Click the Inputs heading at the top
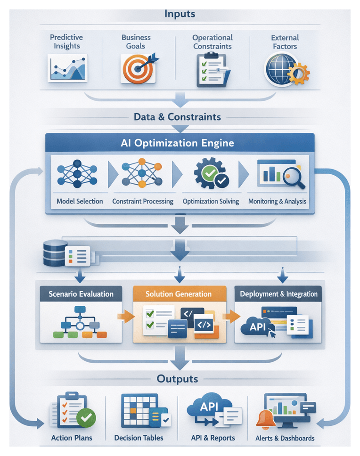(x=180, y=14)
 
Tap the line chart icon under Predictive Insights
(x=67, y=68)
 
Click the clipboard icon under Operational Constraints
(x=212, y=70)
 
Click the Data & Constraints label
(x=179, y=117)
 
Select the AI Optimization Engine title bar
(x=180, y=143)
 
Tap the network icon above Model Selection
(x=77, y=175)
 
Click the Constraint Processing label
(x=143, y=201)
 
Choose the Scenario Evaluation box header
(x=81, y=294)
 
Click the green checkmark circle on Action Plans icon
(x=86, y=417)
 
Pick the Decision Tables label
(x=139, y=438)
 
